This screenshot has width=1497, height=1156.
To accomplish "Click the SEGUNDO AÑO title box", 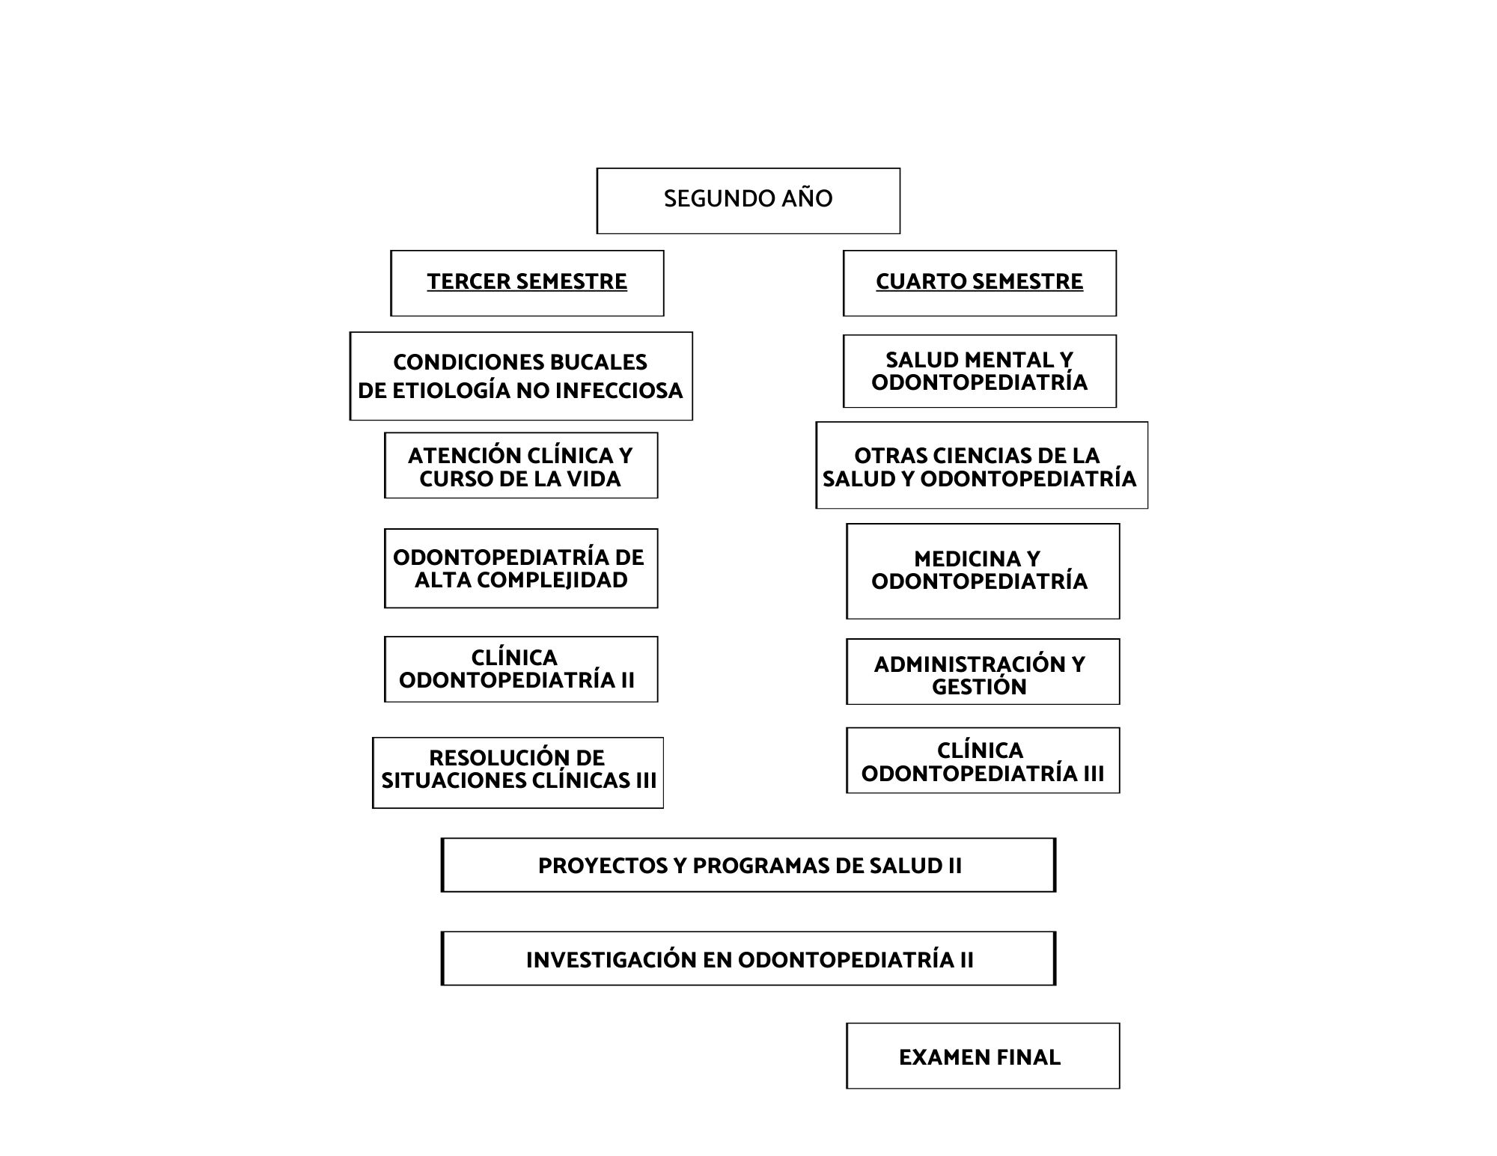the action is pos(748,201).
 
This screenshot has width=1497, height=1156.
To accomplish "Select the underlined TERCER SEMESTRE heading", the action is pos(527,281).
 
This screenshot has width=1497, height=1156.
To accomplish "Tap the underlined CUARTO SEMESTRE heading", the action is pos(979,281).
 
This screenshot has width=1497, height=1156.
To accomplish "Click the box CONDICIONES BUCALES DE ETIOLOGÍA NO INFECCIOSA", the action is pos(521,376).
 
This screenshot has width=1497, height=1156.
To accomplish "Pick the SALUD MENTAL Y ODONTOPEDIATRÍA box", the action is pos(979,371).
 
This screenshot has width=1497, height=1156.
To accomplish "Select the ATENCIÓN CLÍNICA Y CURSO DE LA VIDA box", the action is pos(521,465).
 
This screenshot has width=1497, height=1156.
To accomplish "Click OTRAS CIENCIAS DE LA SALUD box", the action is pos(981,465).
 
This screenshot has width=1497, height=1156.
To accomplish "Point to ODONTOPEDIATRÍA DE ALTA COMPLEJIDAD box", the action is pos(521,569).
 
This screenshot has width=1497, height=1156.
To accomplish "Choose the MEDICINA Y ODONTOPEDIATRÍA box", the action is pos(983,571).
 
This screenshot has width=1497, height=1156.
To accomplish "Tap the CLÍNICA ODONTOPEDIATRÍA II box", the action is pos(521,670).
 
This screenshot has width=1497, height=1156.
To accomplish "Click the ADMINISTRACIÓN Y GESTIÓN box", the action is pos(983,672).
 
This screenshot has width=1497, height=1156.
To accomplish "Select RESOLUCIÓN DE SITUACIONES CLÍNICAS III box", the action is pos(518,773).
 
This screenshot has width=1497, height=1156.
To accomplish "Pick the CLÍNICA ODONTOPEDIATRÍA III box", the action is pos(983,760).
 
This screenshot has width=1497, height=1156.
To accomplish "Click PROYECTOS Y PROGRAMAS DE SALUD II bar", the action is pos(748,865).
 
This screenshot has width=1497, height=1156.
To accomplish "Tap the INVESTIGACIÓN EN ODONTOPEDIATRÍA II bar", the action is pos(748,958).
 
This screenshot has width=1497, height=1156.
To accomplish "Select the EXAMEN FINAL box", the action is pos(983,1056).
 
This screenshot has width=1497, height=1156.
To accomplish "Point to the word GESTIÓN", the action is pos(979,686).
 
